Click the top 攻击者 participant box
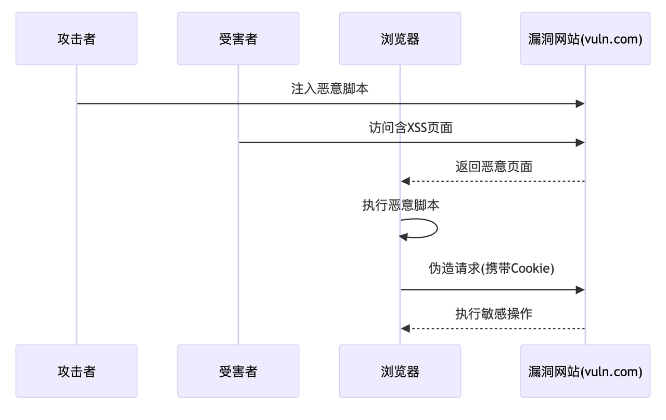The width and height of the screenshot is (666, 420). tap(76, 39)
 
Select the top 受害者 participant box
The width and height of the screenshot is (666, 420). tap(238, 39)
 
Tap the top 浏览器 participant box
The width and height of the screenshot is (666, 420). tap(400, 39)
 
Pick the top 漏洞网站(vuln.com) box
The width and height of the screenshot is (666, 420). tap(585, 39)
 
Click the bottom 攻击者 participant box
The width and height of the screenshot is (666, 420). tap(76, 371)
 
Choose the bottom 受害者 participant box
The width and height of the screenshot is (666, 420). tap(238, 371)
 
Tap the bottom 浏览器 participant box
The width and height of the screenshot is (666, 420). tap(400, 371)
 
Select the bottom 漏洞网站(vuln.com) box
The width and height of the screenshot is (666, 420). tap(585, 371)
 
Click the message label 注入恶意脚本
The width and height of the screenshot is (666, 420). tap(330, 88)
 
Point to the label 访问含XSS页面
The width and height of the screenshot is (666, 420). tap(411, 128)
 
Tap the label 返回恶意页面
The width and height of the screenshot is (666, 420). tap(494, 167)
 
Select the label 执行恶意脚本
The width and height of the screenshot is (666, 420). tap(401, 205)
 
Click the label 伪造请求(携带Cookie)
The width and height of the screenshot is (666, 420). tap(491, 269)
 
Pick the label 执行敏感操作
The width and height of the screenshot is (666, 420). tap(494, 313)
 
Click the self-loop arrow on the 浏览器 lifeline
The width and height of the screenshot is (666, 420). tap(436, 228)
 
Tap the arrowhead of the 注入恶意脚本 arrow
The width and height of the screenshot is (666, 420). tap(580, 104)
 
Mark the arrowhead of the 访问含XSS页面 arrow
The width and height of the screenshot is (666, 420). tap(580, 143)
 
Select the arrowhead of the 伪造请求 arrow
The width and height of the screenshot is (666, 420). tap(580, 290)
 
